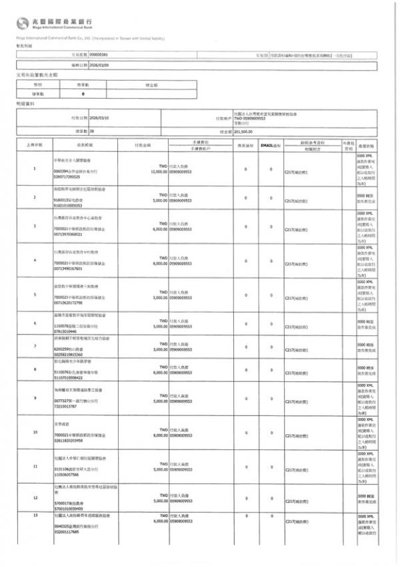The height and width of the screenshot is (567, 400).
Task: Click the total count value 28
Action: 92,132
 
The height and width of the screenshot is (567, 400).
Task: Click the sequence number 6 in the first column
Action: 34,323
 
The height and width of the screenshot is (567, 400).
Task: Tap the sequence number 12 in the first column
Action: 34,498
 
